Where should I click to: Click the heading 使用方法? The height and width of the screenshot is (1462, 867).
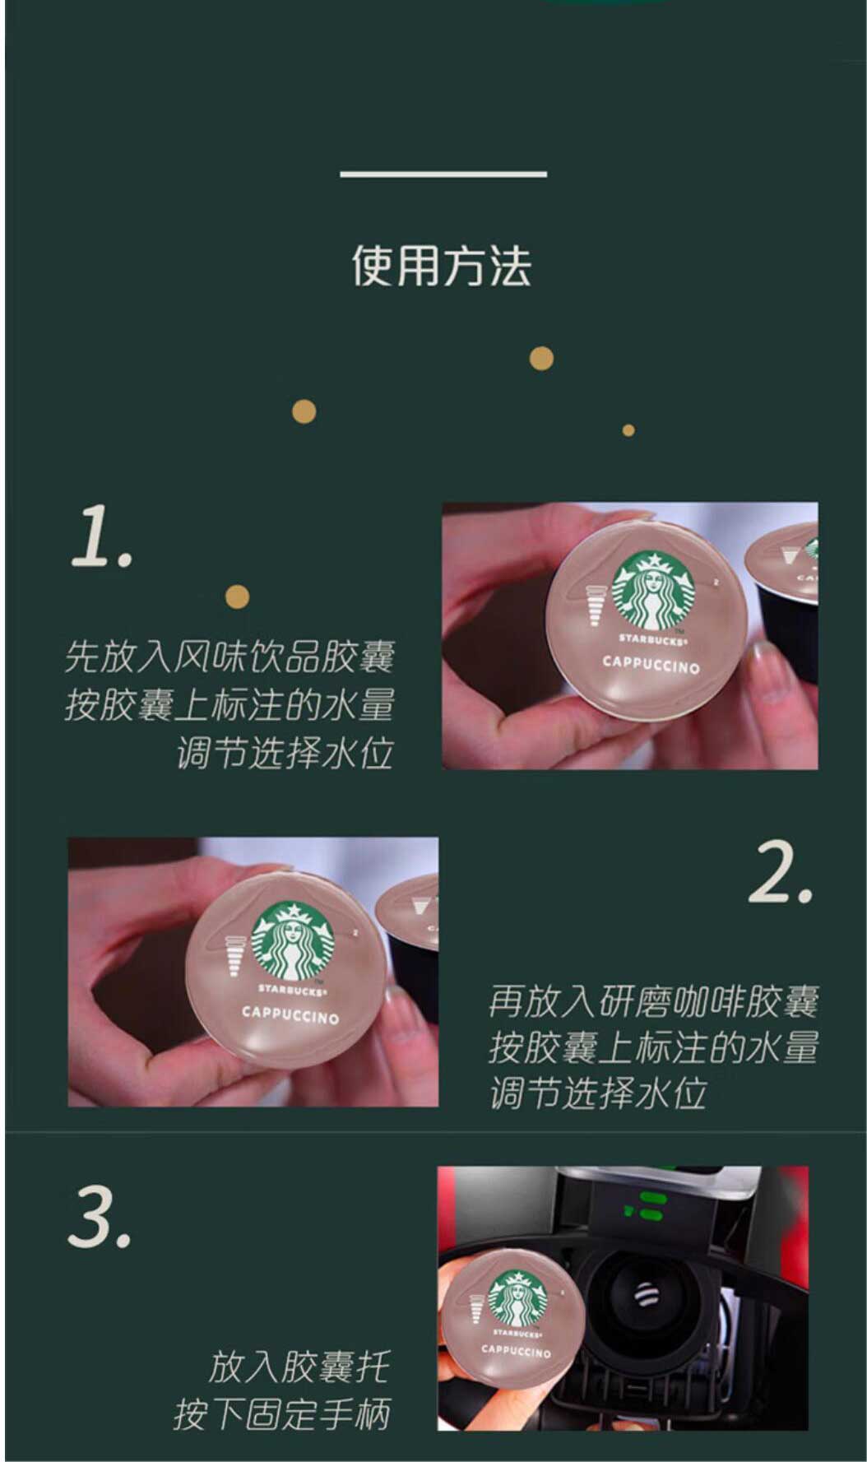click(442, 266)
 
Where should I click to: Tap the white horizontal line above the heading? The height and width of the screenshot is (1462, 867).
click(443, 174)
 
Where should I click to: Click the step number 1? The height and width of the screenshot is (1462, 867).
click(100, 536)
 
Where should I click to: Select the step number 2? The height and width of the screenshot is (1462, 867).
click(780, 873)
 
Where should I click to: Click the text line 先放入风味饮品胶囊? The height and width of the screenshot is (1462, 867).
click(229, 657)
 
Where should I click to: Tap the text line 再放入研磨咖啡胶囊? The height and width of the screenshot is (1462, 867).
click(653, 1001)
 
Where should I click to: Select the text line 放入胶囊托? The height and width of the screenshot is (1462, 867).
click(298, 1367)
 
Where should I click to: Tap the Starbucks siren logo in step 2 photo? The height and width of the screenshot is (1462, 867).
click(294, 941)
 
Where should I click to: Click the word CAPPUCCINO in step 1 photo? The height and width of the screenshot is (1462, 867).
click(651, 664)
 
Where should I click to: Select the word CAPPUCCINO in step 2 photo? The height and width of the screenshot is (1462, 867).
click(290, 1015)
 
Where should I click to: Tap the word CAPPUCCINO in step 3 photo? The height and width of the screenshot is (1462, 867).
click(516, 1350)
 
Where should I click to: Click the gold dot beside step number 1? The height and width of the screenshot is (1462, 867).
click(237, 596)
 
